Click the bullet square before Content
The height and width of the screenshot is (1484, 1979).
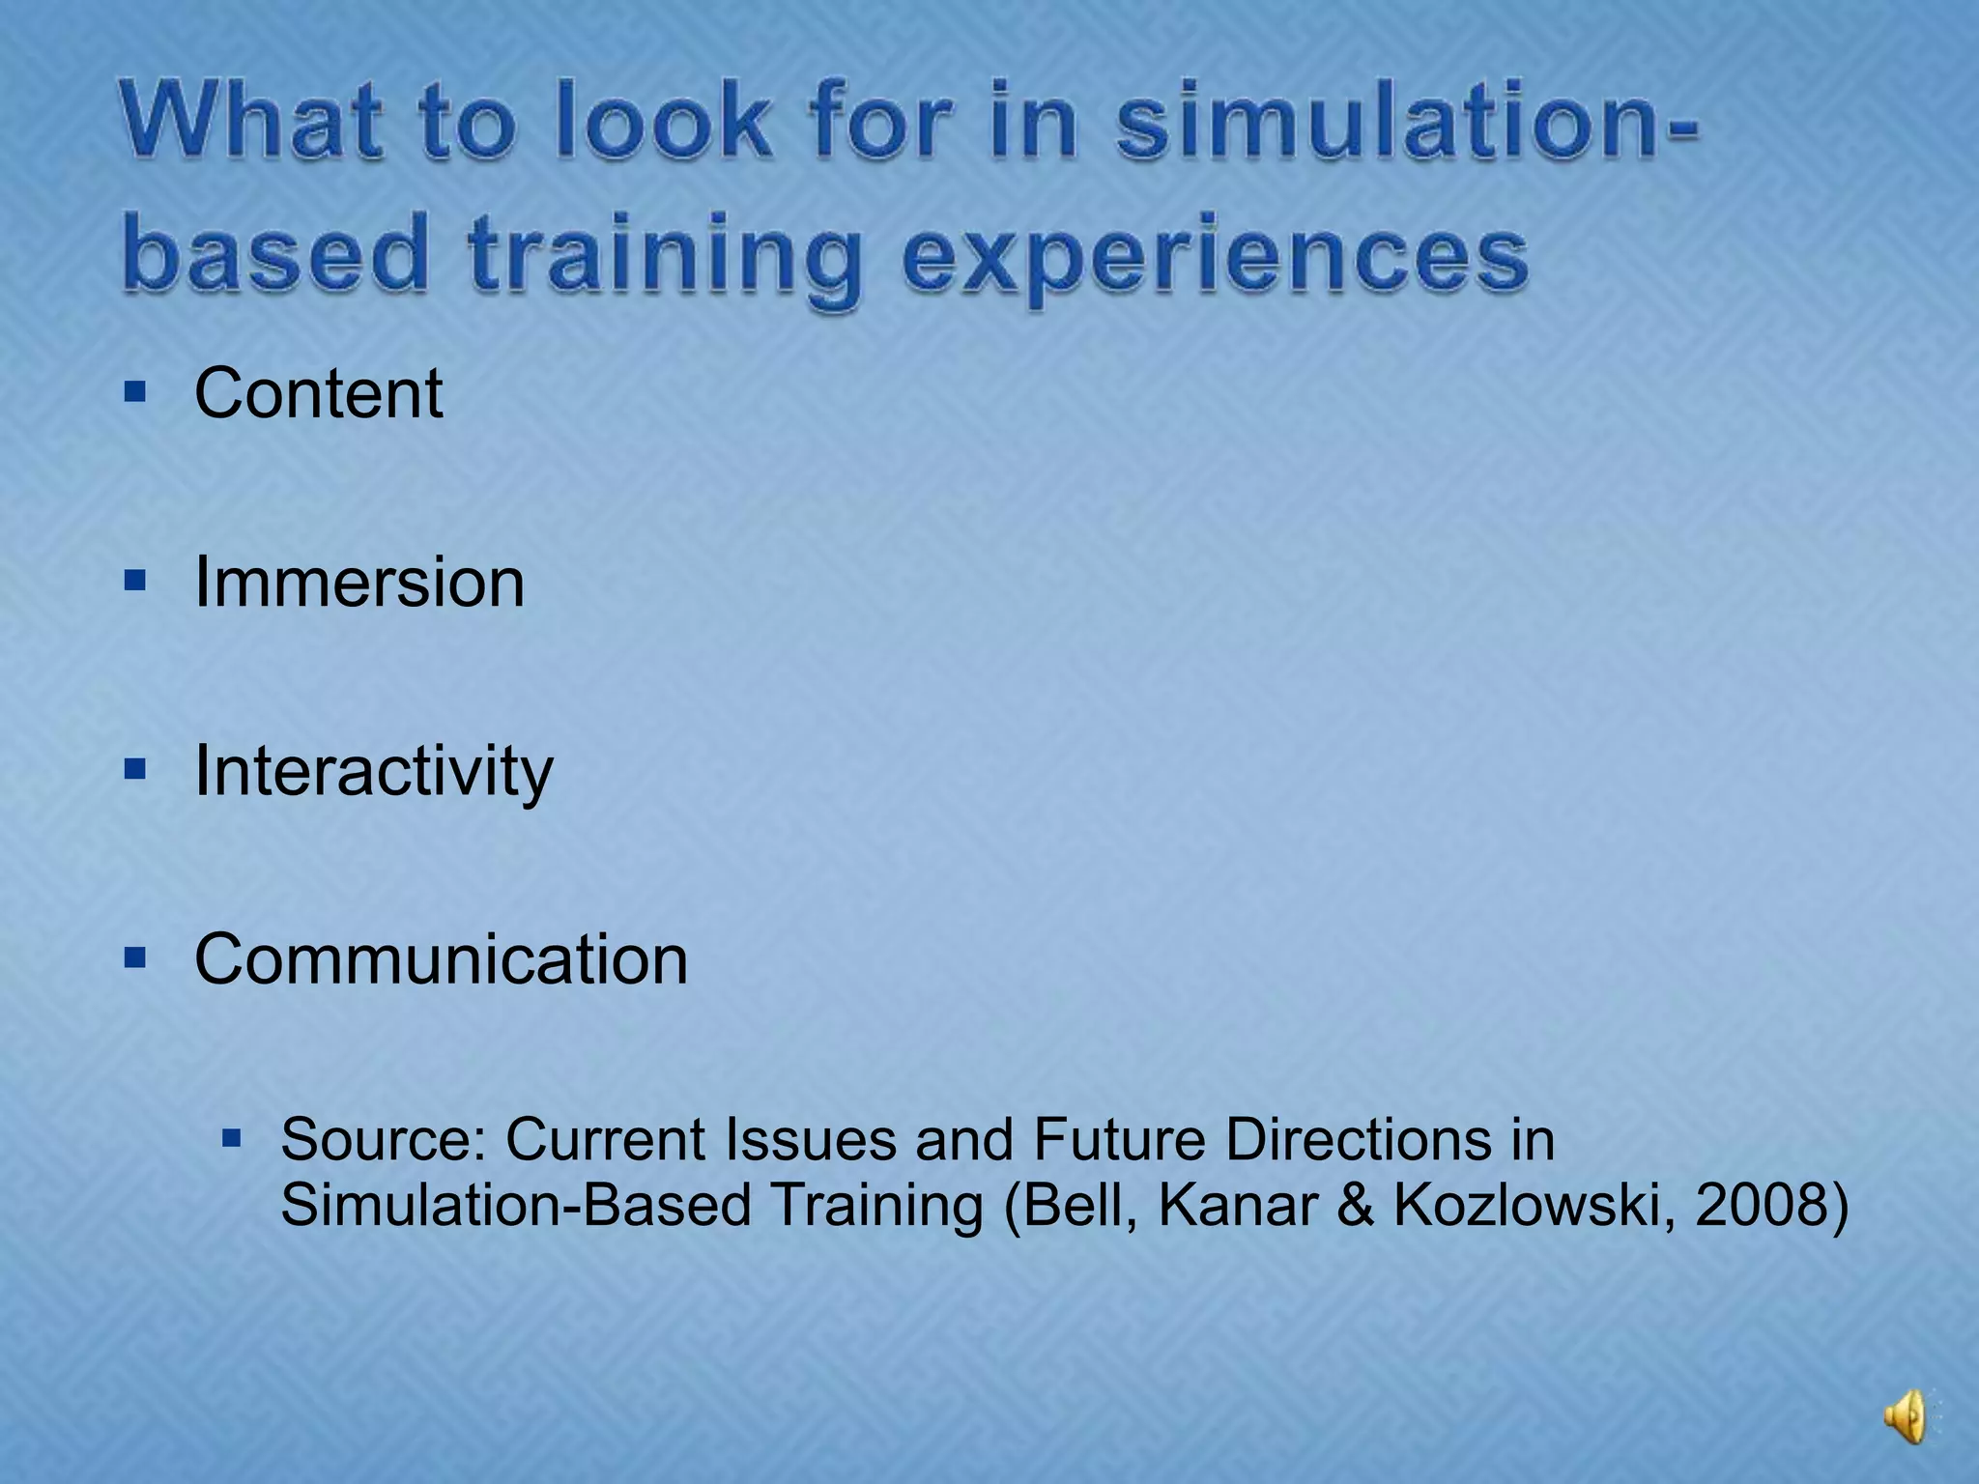point(135,391)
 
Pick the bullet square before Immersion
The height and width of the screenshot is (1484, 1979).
point(135,581)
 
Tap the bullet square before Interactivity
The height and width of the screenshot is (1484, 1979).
point(135,769)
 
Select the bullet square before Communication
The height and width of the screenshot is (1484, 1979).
point(135,957)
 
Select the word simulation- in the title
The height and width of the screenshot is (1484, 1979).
point(1406,123)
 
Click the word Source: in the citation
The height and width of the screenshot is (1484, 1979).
point(384,1139)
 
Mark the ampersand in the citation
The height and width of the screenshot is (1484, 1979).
point(1356,1205)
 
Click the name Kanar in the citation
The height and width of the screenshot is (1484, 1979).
point(1238,1205)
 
